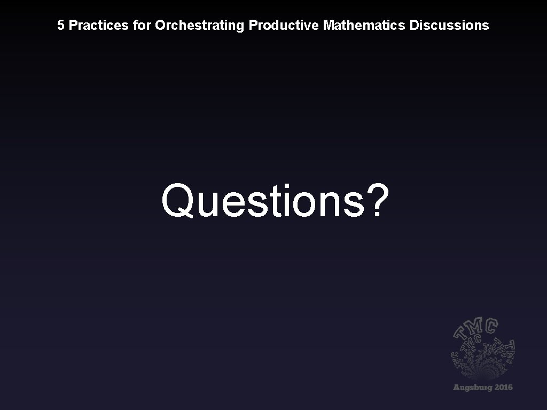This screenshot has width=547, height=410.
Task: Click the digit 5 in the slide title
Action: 61,25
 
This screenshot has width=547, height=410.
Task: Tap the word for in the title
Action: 143,25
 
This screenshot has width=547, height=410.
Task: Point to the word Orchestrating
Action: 200,25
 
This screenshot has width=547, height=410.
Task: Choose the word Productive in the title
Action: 284,25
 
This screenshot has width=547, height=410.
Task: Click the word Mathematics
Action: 364,25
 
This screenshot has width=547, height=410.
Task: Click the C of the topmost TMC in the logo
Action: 492,325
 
